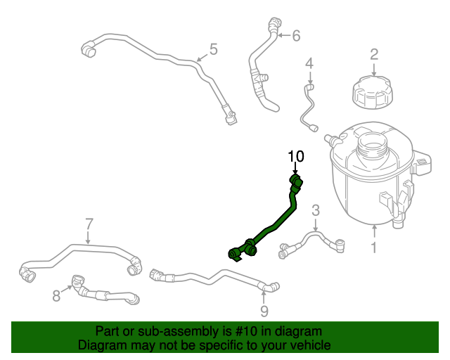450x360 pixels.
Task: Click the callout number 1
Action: tap(374, 247)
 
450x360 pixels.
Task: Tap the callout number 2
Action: tap(374, 53)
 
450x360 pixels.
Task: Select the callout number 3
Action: tap(316, 210)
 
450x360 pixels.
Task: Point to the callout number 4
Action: tap(309, 65)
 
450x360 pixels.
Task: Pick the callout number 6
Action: tap(296, 34)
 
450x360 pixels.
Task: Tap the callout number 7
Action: tap(89, 224)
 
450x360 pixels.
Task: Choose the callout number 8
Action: tap(57, 296)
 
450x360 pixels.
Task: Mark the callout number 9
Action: tap(264, 310)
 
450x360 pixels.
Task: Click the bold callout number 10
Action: tap(296, 155)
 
